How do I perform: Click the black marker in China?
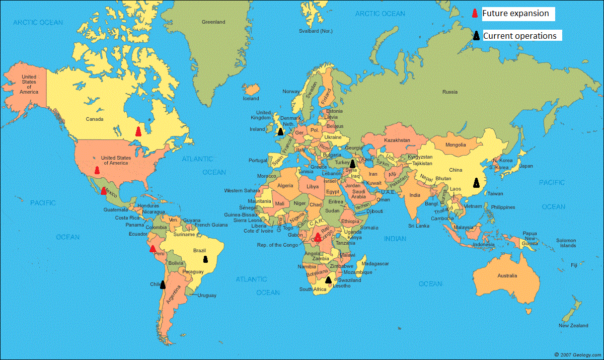point(476,183)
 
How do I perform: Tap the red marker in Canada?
point(138,131)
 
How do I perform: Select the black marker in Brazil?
point(205,259)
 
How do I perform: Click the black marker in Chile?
point(163,285)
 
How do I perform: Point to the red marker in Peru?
point(153,249)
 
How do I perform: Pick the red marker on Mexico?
point(104,191)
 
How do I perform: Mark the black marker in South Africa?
point(328,280)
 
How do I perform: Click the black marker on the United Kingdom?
point(280,131)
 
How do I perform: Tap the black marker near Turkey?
point(352,164)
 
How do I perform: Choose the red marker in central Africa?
point(318,237)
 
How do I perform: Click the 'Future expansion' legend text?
point(515,14)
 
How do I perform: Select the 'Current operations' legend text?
point(519,36)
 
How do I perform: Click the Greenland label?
point(213,22)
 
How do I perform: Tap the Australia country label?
point(507,276)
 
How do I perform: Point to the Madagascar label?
point(375,263)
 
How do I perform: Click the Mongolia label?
point(455,146)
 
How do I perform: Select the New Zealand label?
point(573,326)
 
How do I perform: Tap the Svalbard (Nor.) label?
point(316,31)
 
